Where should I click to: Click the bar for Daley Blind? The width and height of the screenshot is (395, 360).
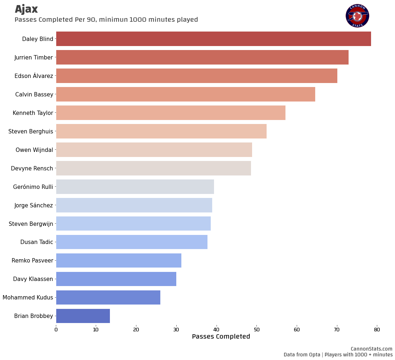point(213,39)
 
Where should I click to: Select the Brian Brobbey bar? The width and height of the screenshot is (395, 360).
point(83,316)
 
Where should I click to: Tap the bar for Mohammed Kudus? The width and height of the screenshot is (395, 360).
point(108,297)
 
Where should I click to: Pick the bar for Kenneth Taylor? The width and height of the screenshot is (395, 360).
point(170,113)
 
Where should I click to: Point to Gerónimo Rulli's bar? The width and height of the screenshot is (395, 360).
point(135,187)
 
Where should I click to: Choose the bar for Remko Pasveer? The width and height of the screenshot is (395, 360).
point(119,260)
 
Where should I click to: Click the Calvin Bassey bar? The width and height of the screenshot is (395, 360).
point(185,94)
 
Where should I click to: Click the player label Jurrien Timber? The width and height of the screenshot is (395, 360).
point(34,57)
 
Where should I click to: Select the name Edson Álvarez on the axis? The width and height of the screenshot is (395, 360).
point(34,76)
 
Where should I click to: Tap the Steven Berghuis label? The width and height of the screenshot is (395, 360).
point(31,131)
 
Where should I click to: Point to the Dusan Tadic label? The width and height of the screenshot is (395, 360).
point(37,242)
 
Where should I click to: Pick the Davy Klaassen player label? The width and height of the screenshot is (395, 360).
point(33,279)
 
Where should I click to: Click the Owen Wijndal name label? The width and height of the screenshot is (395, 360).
point(34,150)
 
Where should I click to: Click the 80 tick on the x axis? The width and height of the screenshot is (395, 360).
point(377,330)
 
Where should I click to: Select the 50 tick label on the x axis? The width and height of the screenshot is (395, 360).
point(256,330)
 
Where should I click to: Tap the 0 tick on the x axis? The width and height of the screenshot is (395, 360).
point(56,330)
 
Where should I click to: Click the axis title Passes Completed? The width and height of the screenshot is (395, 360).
point(221,337)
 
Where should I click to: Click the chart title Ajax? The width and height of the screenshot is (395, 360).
point(26,9)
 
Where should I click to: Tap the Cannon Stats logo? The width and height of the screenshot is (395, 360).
point(357,16)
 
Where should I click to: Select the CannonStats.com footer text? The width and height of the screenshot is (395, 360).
point(371,349)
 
